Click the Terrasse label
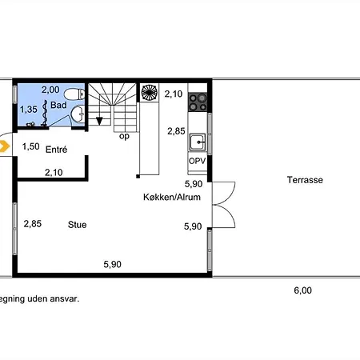pyautogui.click(x=305, y=180)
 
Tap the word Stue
pyautogui.click(x=77, y=225)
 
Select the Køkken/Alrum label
pyautogui.click(x=172, y=197)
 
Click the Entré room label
pyautogui.click(x=56, y=150)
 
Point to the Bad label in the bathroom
pyautogui.click(x=58, y=105)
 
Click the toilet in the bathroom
pyautogui.click(x=74, y=94)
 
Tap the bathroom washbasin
pyautogui.click(x=78, y=114)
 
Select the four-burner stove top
pyautogui.click(x=198, y=102)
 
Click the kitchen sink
pyautogui.click(x=198, y=142)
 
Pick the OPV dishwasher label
pyautogui.click(x=197, y=161)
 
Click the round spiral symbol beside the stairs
pyautogui.click(x=150, y=92)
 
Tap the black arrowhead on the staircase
pyautogui.click(x=99, y=121)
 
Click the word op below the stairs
pyautogui.click(x=124, y=136)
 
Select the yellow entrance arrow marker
pyautogui.click(x=4, y=146)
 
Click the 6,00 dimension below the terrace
pyautogui.click(x=302, y=290)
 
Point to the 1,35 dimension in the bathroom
pyautogui.click(x=29, y=109)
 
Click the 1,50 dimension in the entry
pyautogui.click(x=30, y=146)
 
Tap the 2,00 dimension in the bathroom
pyautogui.click(x=50, y=90)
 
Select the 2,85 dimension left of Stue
pyautogui.click(x=33, y=223)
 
